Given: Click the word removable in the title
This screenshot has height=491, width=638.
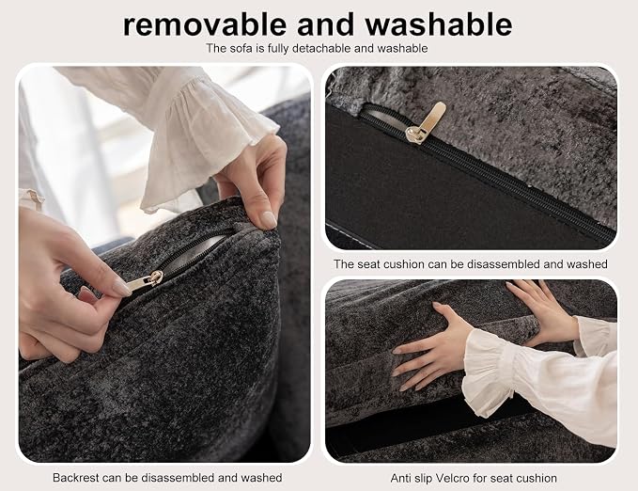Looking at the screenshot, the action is (205, 24).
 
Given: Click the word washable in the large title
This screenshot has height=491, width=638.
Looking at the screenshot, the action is (438, 24).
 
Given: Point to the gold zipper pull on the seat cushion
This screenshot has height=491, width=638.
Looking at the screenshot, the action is (426, 122).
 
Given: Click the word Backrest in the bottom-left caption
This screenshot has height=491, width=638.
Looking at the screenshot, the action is (76, 477).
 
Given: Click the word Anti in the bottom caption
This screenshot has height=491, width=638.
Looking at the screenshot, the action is (400, 478).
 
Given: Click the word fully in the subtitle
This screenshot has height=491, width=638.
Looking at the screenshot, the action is (279, 49).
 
